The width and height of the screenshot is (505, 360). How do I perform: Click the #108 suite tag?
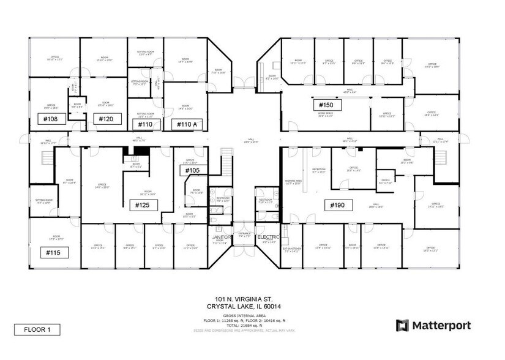click(51, 118)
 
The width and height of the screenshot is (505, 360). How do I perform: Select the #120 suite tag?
click(105, 118)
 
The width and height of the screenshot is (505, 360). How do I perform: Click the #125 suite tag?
click(143, 204)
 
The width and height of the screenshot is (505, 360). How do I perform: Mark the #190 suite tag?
click(337, 205)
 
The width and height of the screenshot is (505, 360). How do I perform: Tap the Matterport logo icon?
click(402, 326)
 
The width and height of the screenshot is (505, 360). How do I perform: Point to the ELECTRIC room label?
click(268, 236)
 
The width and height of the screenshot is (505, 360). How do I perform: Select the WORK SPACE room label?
click(325, 114)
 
